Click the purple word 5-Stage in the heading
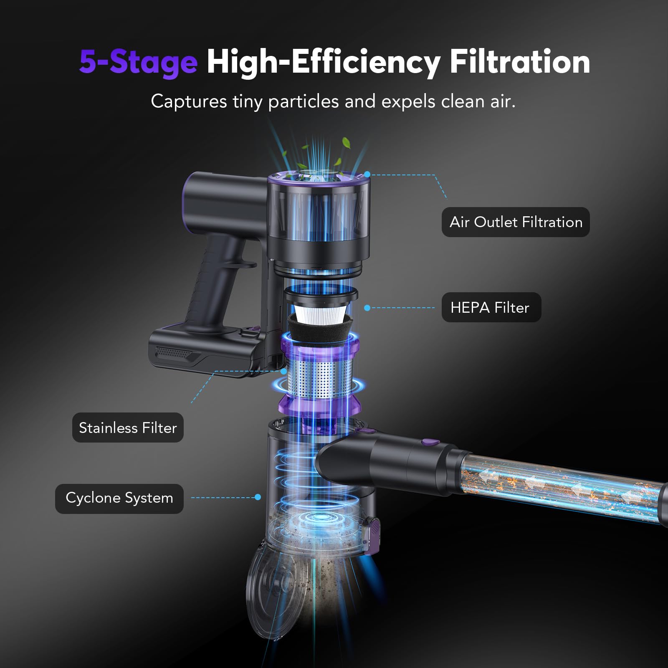[138, 62]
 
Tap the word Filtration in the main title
[519, 62]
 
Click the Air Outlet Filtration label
[516, 222]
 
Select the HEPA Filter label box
[491, 308]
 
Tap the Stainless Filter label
[128, 428]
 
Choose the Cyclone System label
[119, 498]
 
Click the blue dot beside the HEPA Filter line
[367, 308]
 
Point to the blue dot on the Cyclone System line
[258, 497]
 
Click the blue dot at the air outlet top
[367, 174]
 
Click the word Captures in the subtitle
[189, 101]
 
